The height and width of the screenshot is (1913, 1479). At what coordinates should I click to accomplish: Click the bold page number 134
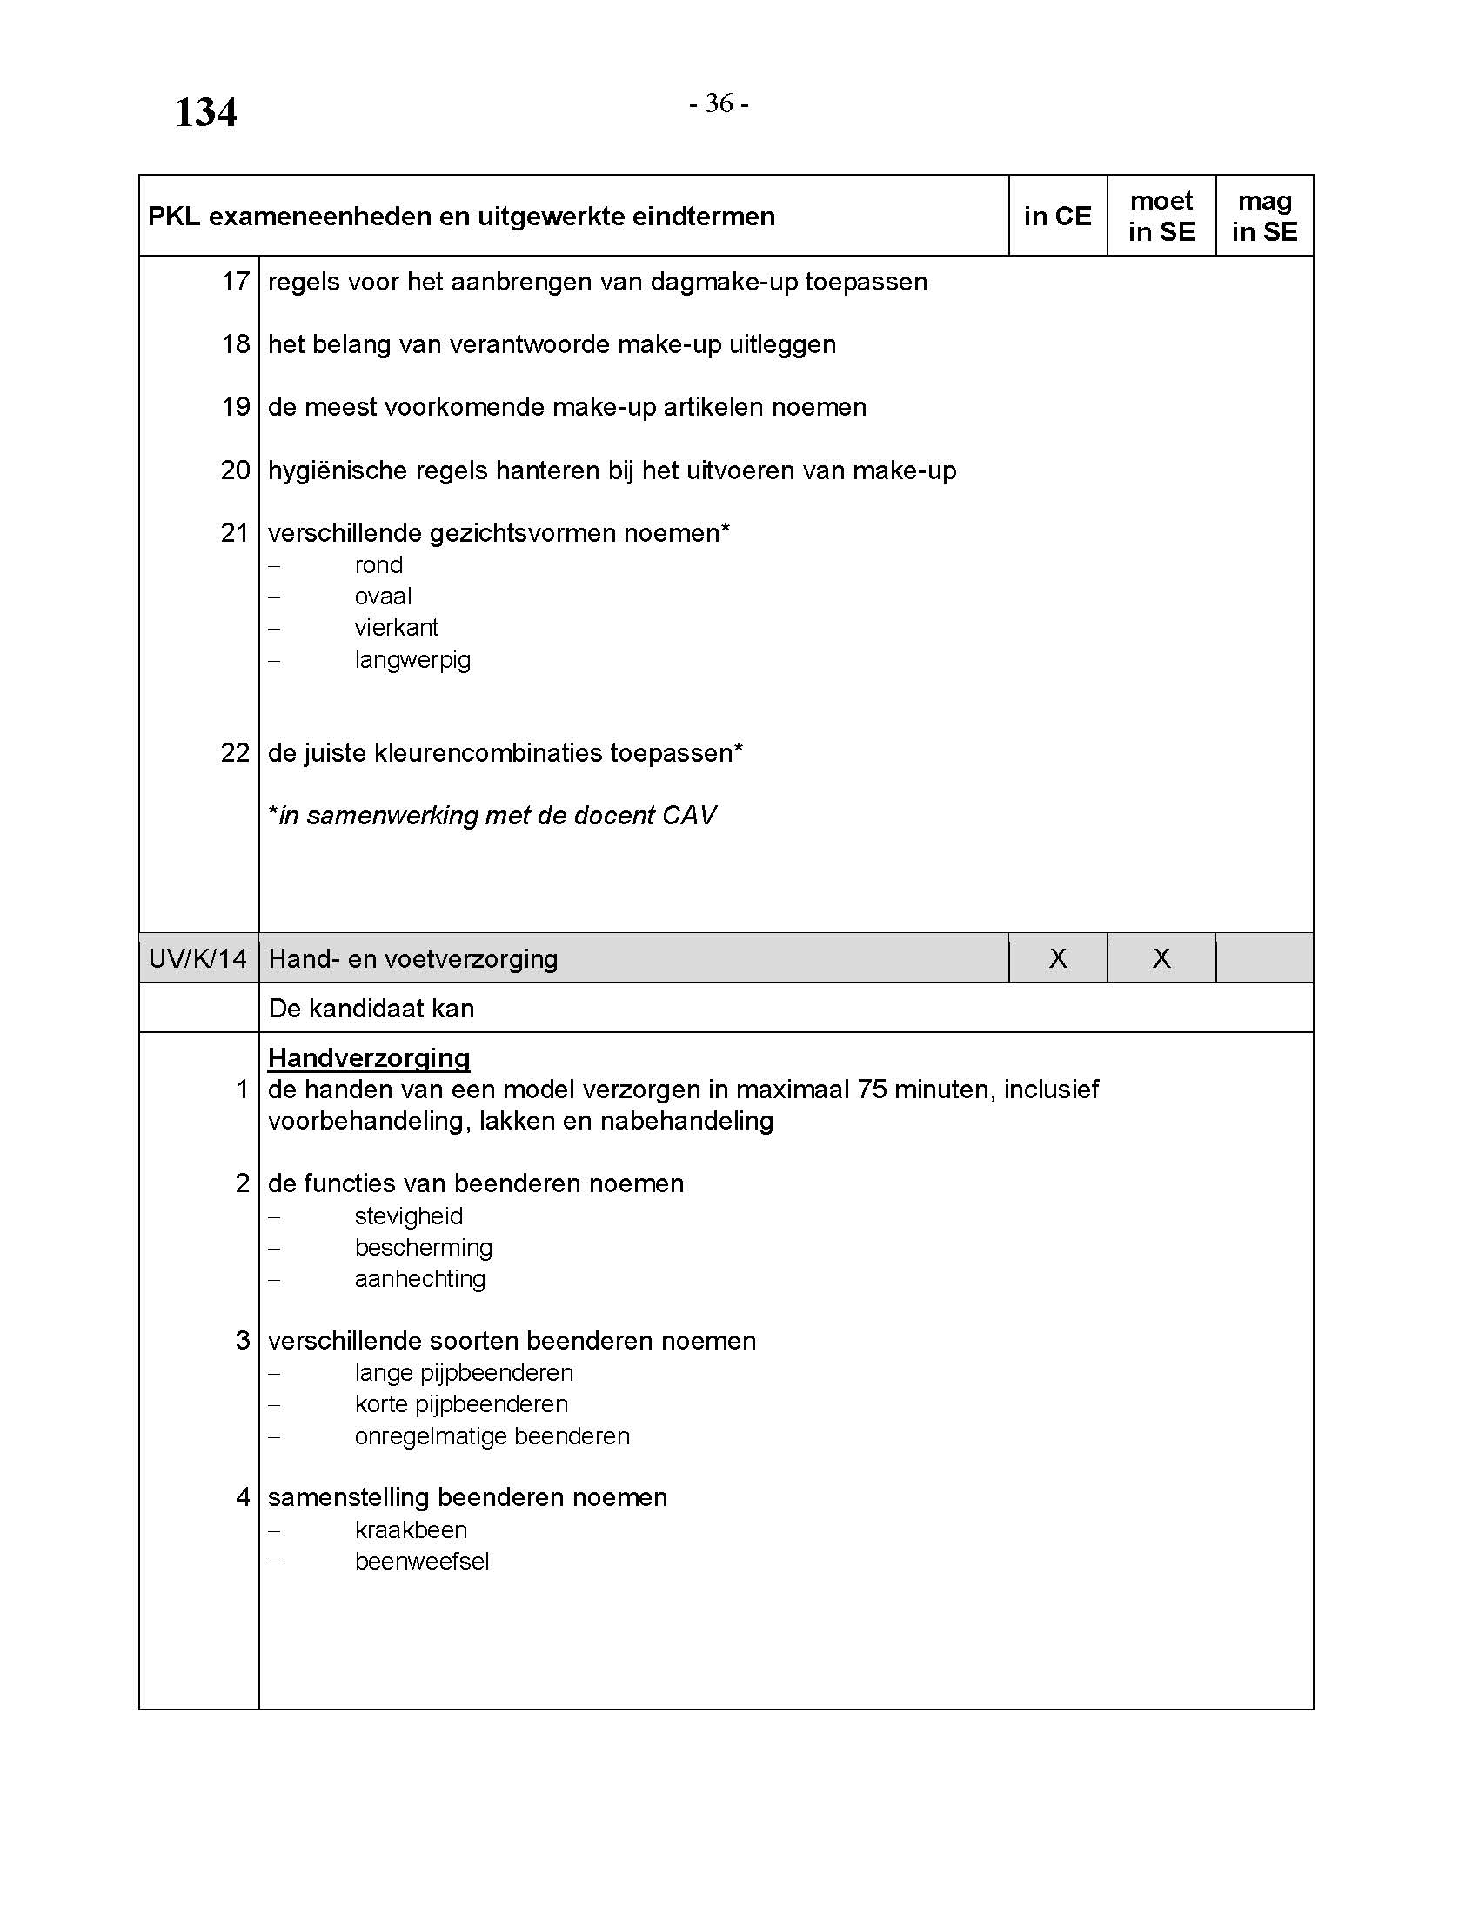[x=206, y=113]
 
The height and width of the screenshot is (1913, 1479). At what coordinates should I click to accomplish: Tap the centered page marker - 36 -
[x=719, y=103]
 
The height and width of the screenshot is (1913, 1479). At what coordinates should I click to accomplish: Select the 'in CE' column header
[x=1057, y=217]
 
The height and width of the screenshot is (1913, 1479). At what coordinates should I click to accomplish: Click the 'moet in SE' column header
[x=1161, y=217]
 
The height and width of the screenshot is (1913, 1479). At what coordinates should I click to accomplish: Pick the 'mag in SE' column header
[x=1264, y=217]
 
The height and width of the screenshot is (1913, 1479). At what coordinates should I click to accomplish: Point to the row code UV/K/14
[x=198, y=958]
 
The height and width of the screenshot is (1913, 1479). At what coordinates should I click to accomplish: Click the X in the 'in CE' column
[x=1058, y=958]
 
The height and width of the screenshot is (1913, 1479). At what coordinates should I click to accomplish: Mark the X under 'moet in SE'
[x=1161, y=958]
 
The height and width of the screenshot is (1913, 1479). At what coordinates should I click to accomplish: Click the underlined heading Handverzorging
[x=369, y=1058]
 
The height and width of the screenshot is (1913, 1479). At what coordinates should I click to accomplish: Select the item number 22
[x=235, y=752]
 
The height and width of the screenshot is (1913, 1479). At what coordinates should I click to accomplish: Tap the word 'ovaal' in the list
[x=383, y=597]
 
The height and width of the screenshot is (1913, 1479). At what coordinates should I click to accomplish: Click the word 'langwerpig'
[x=412, y=660]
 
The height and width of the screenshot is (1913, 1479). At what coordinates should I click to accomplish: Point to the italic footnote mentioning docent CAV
[x=492, y=816]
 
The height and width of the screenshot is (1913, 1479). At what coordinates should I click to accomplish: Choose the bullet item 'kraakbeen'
[x=410, y=1530]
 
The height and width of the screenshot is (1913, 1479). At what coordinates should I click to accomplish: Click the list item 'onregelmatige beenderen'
[x=492, y=1436]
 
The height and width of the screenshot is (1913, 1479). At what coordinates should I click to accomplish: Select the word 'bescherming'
[x=423, y=1247]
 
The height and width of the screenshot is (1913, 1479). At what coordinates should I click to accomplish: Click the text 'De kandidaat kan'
[x=371, y=1008]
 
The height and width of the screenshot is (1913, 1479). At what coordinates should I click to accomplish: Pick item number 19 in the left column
[x=235, y=406]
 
